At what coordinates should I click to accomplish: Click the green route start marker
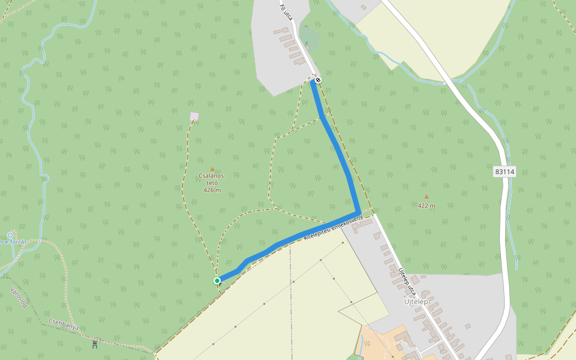tap(217, 280)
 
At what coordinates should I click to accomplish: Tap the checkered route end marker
tap(318, 80)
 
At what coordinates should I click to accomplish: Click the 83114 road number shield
tap(505, 172)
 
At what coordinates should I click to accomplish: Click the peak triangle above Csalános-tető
tap(212, 169)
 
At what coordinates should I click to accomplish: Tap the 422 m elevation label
tap(427, 206)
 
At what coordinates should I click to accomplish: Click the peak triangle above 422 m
tap(427, 197)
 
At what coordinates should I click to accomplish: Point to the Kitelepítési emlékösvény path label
tap(333, 230)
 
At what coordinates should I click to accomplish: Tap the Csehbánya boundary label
tap(64, 325)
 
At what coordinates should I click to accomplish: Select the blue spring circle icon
tap(10, 235)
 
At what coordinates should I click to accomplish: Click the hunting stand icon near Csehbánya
tap(95, 344)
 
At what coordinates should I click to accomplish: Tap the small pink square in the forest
tap(194, 116)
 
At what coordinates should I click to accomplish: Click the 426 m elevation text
tap(212, 190)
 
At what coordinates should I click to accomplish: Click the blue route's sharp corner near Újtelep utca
tap(358, 213)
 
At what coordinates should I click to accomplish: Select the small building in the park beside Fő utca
tap(307, 46)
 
